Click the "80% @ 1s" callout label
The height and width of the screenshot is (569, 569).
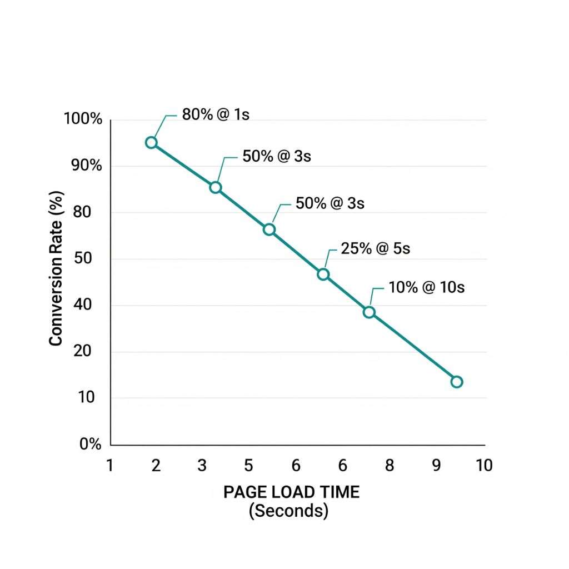click(216, 116)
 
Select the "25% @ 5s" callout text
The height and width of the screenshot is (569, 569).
click(375, 248)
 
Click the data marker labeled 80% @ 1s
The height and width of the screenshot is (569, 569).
click(151, 143)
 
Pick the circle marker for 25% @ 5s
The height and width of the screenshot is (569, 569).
click(323, 274)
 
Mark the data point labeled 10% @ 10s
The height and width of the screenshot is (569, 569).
click(369, 312)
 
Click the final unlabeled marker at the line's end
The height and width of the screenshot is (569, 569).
click(457, 382)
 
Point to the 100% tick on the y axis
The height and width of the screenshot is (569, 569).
click(83, 119)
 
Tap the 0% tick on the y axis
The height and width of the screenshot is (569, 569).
click(90, 445)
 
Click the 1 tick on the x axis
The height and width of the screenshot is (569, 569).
click(109, 465)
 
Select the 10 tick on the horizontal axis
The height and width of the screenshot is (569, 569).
click(484, 465)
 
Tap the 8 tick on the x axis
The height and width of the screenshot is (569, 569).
click(390, 465)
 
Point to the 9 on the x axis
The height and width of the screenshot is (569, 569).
click(437, 465)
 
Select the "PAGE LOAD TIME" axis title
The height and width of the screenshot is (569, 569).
click(291, 492)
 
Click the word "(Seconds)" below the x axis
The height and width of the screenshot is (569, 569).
click(288, 510)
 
